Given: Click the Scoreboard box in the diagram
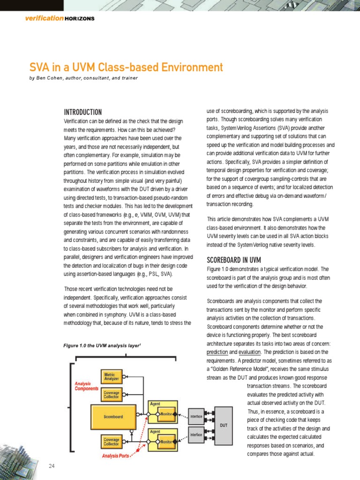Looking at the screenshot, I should [x=113, y=416].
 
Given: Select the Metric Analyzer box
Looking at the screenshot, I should [x=112, y=376].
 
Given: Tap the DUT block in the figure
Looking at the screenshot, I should [x=224, y=425].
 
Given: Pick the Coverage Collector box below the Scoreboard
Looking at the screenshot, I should [x=112, y=441].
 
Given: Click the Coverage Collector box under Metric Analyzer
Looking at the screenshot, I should [x=112, y=395].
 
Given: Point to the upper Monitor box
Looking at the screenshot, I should [x=166, y=414].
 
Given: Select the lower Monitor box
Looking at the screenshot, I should [x=166, y=442].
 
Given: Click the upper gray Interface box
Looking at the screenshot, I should [x=196, y=416].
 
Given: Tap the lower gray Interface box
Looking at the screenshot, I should [x=196, y=435].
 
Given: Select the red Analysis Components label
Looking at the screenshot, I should [x=87, y=386].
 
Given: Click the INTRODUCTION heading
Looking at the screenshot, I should [x=82, y=112].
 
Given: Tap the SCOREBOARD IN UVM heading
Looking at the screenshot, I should [x=234, y=260].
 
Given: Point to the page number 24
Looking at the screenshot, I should [x=52, y=465].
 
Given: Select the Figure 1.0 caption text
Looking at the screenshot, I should [x=102, y=345].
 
